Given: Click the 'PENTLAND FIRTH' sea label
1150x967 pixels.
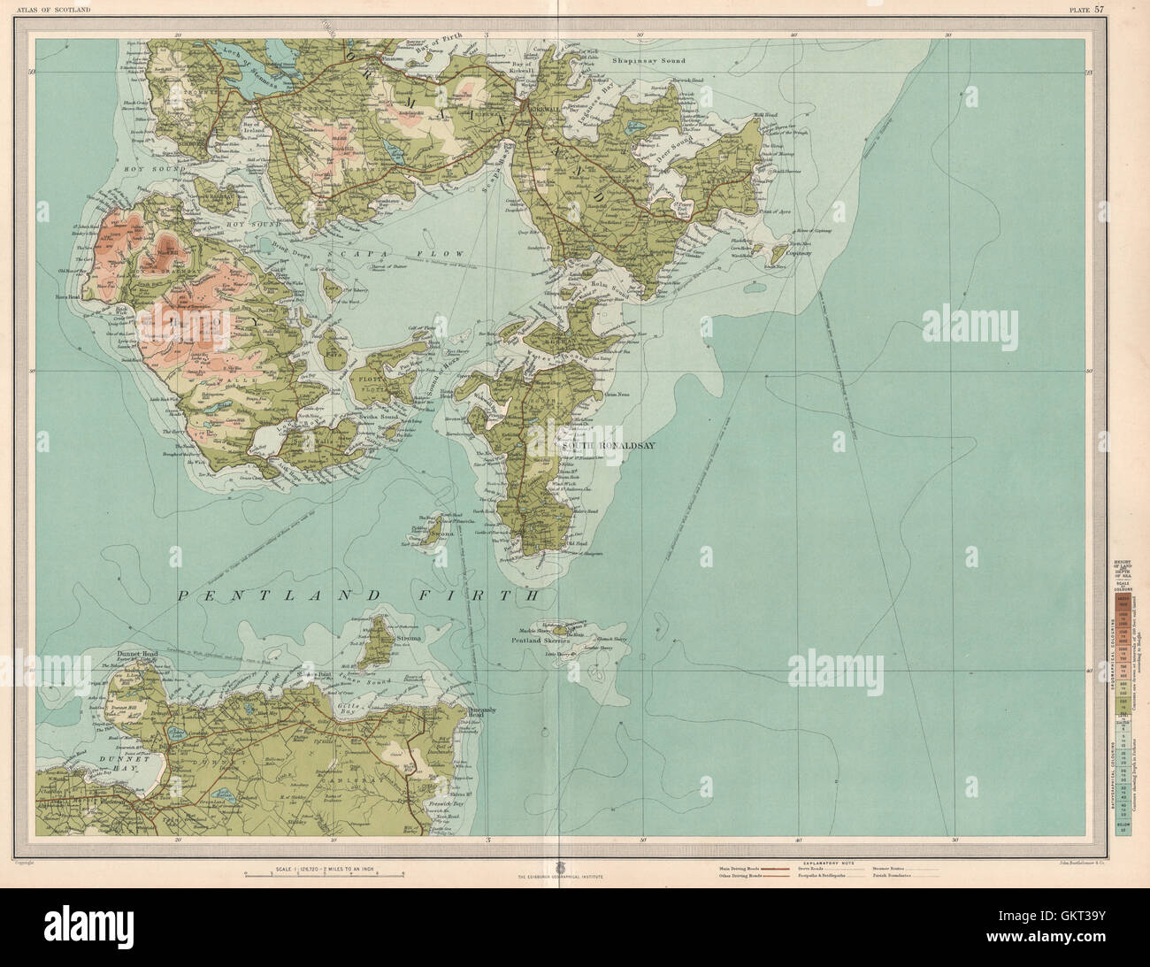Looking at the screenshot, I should tap(357, 595).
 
